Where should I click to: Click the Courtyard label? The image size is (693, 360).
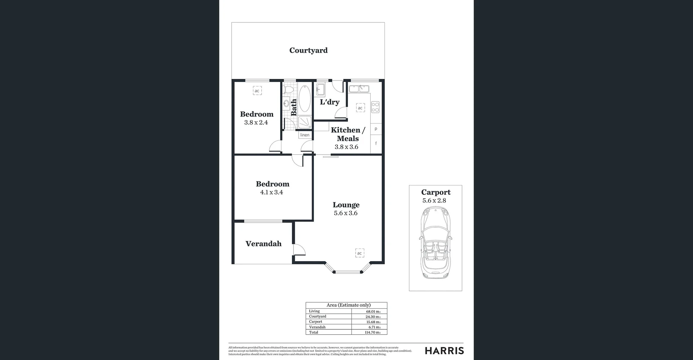tap(308, 51)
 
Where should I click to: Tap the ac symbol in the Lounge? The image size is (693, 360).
tap(359, 253)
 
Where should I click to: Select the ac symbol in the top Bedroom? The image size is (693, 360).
tap(257, 91)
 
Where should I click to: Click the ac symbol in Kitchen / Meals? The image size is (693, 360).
tap(360, 108)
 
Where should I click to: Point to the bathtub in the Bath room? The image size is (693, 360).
tap(305, 98)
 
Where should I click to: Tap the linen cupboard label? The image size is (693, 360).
tap(305, 135)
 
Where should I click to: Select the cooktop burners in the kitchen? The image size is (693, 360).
tap(375, 107)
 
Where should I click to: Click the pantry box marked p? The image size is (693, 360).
tap(376, 129)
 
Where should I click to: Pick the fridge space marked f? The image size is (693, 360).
tap(376, 144)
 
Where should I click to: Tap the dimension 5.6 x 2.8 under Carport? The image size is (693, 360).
tap(434, 201)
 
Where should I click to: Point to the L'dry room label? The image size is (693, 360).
tap(330, 102)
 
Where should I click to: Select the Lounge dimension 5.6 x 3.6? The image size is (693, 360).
tap(345, 213)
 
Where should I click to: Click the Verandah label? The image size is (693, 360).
tap(263, 244)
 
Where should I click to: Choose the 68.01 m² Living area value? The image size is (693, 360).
tap(373, 311)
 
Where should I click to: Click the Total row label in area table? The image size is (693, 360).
tap(314, 332)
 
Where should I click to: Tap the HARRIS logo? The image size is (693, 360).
tap(444, 351)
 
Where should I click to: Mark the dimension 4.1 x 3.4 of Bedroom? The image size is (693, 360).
tap(271, 192)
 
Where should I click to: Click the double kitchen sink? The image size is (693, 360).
tap(359, 88)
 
